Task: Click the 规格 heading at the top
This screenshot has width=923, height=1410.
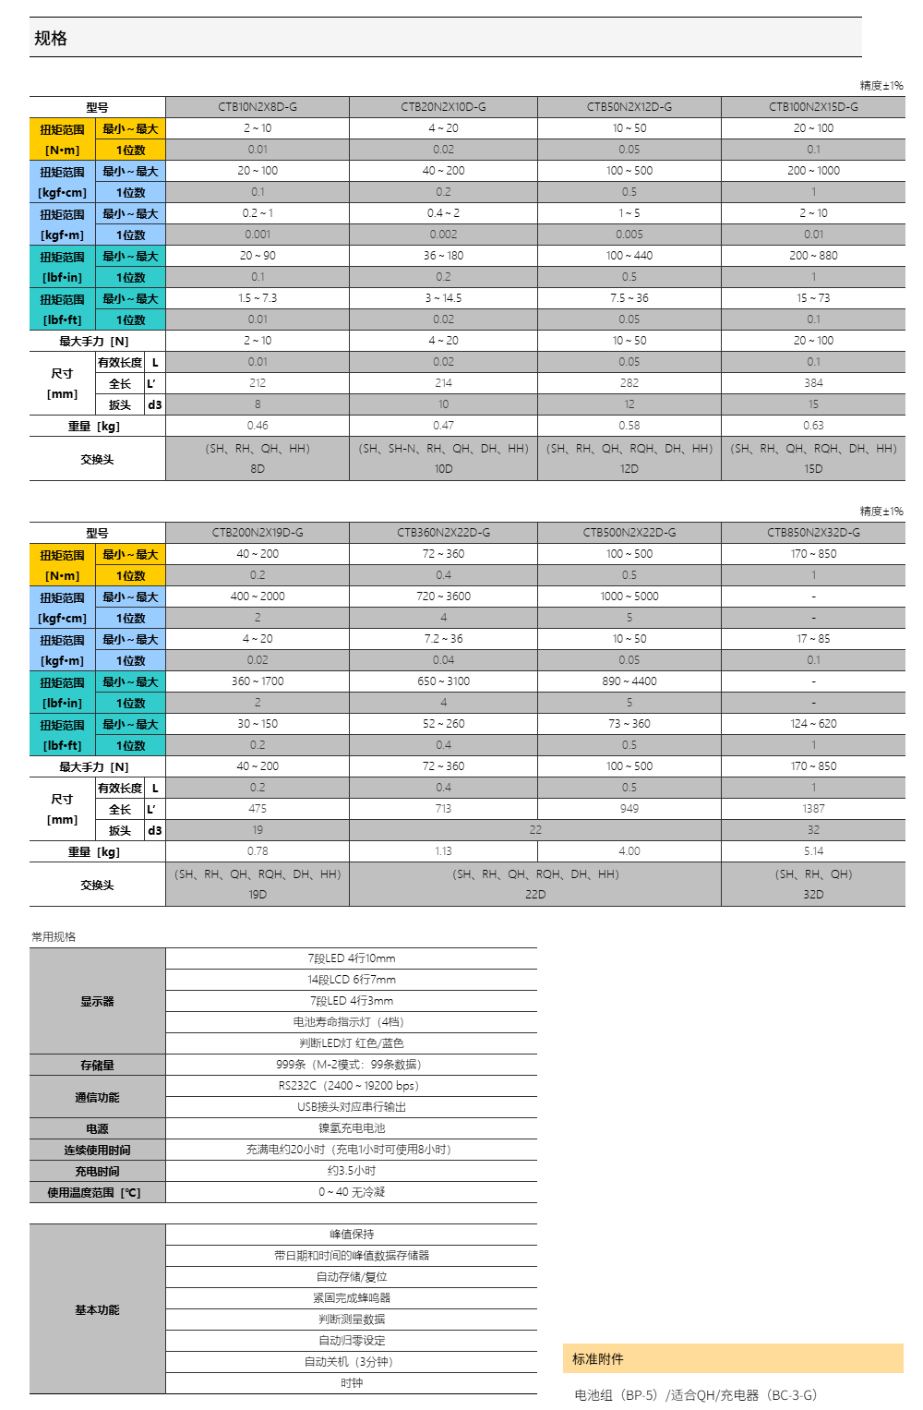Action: [51, 38]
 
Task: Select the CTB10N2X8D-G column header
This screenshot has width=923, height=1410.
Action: [258, 107]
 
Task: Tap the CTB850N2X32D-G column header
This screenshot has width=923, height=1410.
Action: [813, 533]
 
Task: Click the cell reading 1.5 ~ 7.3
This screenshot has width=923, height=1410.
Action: [258, 298]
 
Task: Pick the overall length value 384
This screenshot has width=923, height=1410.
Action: [813, 383]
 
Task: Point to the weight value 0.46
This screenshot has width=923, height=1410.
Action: [258, 426]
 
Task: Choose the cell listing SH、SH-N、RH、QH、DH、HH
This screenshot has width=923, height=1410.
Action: [443, 449]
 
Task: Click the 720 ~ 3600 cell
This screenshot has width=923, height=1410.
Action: [443, 597]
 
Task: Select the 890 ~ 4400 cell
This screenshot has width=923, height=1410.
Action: [629, 681]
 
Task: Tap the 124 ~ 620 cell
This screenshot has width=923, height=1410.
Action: [813, 724]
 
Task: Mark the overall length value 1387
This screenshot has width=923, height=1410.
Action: [813, 809]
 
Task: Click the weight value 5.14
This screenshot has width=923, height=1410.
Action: [813, 851]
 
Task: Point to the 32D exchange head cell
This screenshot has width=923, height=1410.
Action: [813, 894]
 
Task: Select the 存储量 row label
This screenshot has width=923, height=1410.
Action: [97, 1066]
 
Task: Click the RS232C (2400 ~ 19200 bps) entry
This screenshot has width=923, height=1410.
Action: [352, 1086]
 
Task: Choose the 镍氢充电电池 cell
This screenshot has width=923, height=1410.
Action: [352, 1128]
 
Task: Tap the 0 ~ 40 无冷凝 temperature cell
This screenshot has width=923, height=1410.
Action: [352, 1192]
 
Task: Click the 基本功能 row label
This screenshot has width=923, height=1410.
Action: [97, 1310]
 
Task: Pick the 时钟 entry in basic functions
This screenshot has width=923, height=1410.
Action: [352, 1383]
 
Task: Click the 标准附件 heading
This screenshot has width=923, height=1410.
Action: [598, 1359]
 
